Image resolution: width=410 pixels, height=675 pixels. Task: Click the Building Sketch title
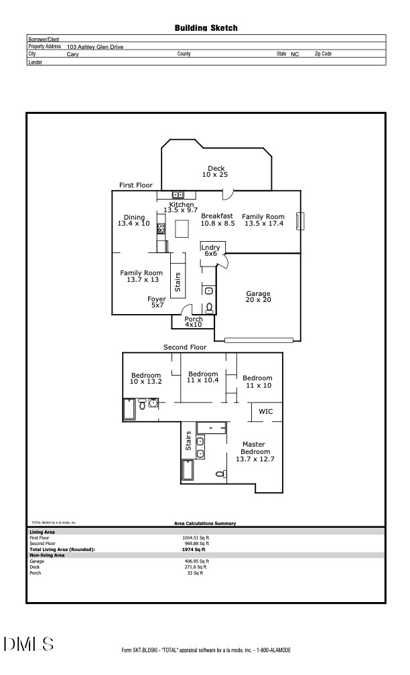coord(206,28)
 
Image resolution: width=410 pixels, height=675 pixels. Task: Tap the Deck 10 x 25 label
coord(215,171)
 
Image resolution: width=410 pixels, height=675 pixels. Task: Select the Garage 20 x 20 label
coord(258,297)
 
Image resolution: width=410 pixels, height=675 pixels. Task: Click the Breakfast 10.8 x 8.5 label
coord(217,220)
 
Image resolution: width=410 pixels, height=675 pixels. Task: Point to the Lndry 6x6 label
coord(210,250)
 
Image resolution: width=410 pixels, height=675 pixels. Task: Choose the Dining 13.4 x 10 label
coord(134,220)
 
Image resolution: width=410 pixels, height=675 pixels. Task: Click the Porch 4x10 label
coord(193,322)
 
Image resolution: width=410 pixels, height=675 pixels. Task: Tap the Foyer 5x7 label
coord(157,302)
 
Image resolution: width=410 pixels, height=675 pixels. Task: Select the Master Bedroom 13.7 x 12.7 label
coord(255,452)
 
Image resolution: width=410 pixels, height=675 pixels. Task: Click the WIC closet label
coord(266,411)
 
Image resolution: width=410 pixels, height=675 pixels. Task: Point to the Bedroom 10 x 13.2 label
coord(145,378)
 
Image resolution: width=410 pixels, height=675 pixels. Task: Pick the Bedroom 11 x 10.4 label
coord(203,377)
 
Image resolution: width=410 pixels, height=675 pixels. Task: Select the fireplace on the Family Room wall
coord(300,222)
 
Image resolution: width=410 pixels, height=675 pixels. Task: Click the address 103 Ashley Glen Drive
coord(95,47)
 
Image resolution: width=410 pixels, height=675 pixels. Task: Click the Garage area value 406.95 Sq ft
coord(196,561)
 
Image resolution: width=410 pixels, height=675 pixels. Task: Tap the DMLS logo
coord(29,644)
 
